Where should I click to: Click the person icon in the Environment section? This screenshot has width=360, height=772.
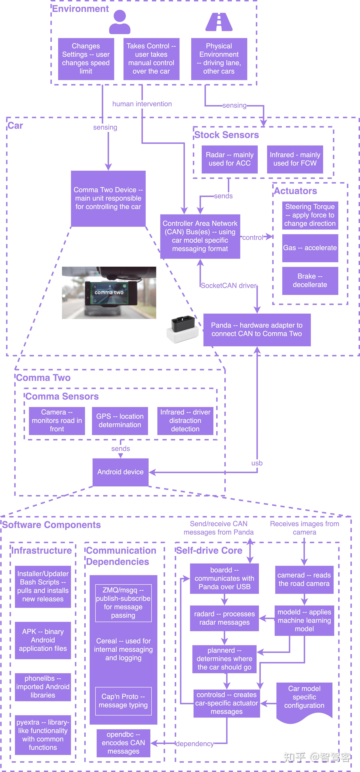120,22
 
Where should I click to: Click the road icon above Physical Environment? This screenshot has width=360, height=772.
219,22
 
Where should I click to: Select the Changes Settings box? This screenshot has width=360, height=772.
86,59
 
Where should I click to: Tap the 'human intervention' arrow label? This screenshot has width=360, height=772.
142,104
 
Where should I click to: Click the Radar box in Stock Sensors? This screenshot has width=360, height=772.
229,159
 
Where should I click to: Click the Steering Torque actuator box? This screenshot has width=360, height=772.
310,215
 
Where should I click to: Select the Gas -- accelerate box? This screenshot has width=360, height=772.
310,248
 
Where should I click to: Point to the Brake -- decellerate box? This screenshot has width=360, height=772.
310,280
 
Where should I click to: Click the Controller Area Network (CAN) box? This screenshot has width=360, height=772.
200,236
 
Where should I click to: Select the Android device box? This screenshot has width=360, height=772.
120,472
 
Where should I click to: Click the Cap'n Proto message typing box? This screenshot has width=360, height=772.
123,701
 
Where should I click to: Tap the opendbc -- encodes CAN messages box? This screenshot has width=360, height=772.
123,743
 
